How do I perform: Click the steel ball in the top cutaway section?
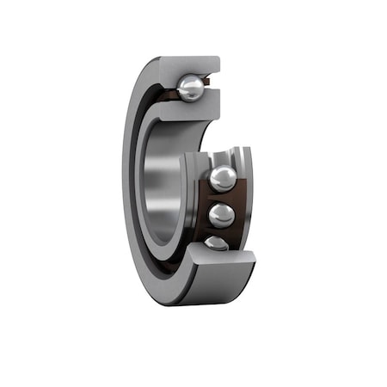[x=191, y=87]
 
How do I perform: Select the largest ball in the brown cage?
[x=223, y=179]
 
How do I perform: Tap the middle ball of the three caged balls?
[x=221, y=215]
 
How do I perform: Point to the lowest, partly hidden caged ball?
[x=217, y=243]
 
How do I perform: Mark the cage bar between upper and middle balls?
[x=222, y=198]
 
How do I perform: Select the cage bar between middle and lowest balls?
[x=219, y=232]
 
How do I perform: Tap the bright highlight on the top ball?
[x=187, y=83]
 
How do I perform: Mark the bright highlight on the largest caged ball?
[x=219, y=175]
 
